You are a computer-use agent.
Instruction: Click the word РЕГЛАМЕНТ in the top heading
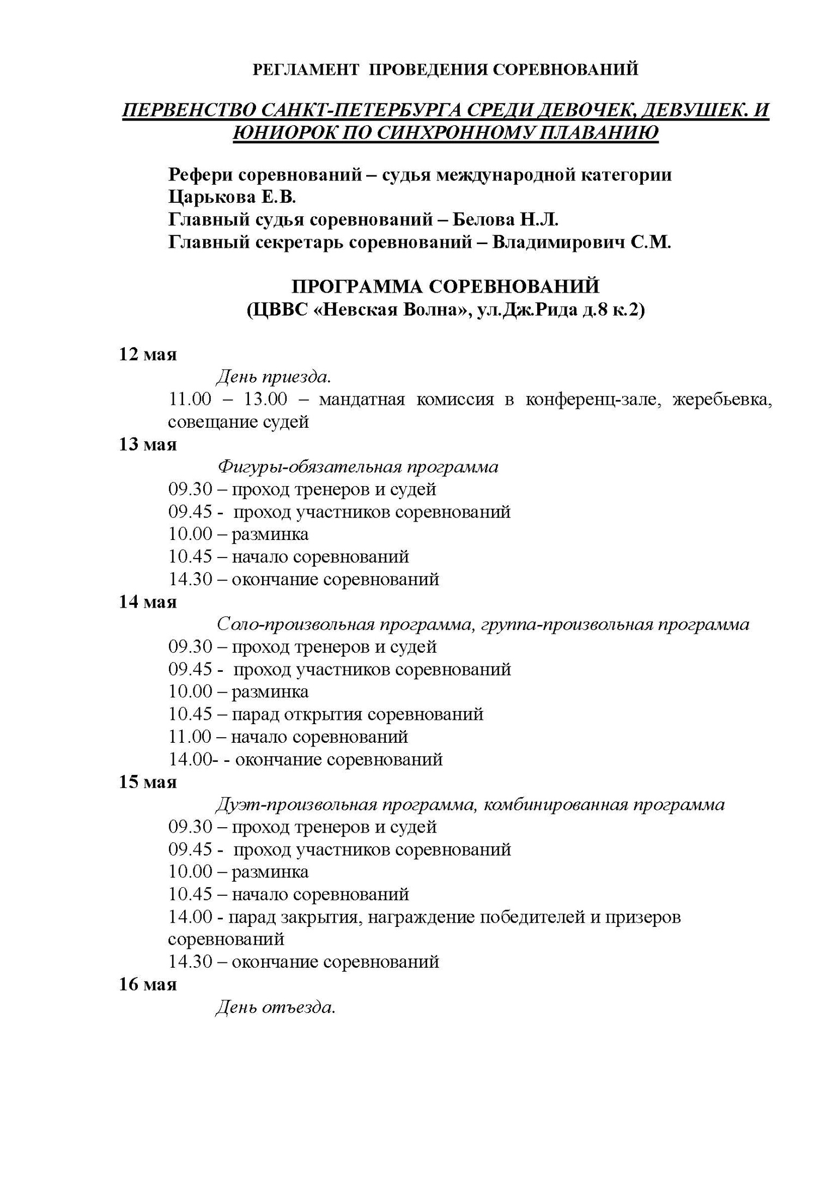click(306, 69)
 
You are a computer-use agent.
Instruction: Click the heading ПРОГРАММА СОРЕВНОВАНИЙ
click(446, 287)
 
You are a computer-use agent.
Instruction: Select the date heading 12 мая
click(148, 355)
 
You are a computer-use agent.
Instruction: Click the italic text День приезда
click(274, 377)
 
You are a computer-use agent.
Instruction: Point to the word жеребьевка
click(722, 399)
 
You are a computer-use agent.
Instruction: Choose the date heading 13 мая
click(148, 445)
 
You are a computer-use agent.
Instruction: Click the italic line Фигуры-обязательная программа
click(358, 467)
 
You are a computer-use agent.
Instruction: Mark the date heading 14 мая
click(148, 602)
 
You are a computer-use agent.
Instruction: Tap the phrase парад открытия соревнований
click(357, 714)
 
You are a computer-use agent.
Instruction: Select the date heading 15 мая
click(148, 782)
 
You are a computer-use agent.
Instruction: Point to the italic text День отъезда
click(275, 1008)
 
